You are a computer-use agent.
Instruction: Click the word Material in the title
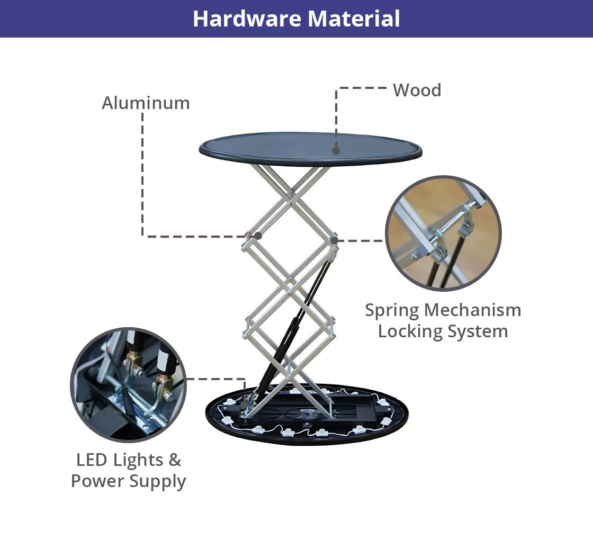(354, 19)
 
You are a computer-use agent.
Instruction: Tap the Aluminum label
(146, 103)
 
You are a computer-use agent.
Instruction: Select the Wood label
(417, 91)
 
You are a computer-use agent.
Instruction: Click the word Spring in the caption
(392, 311)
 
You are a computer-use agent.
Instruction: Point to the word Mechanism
(473, 310)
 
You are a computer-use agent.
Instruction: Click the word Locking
(410, 331)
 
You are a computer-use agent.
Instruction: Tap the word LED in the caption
(92, 460)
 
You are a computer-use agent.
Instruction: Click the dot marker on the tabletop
(336, 151)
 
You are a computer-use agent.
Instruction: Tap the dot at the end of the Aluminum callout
(258, 236)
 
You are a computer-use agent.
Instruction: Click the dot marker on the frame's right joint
(334, 240)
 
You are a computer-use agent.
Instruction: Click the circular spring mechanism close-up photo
(443, 233)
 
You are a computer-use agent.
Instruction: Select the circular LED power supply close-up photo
(129, 385)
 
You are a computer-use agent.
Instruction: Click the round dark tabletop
(310, 149)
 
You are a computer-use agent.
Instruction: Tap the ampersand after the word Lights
(174, 460)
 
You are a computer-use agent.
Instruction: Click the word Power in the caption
(97, 481)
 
